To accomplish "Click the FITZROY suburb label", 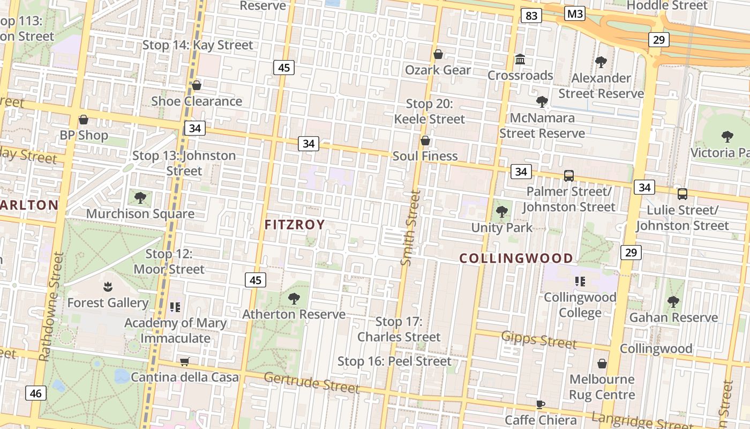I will pos(295,225).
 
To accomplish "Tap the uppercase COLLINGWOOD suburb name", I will pos(516,258).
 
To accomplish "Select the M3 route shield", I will pos(574,13).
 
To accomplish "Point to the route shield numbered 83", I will pos(531,16).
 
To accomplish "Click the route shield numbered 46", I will pos(35,393).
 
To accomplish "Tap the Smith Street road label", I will pos(410,227).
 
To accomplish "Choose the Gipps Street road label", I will pos(539,339).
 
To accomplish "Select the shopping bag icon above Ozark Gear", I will pos(438,54).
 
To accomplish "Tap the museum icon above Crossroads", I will pos(520,59).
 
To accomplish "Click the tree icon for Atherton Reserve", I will pos(294,298).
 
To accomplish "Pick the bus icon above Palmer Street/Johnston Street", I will pos(568,175).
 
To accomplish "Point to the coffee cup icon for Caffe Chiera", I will pos(541,404).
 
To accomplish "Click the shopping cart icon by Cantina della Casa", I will pos(184,361).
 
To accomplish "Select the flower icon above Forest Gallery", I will pos(108,286).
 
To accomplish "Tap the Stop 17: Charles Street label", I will pos(399,329).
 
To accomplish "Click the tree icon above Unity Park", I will pos(502,211).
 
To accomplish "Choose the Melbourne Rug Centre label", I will pos(602,387).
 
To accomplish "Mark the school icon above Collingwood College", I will pos(580,281).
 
